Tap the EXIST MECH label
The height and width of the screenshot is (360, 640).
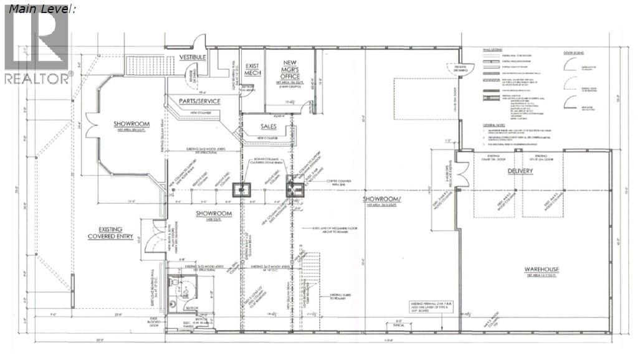[x=251, y=69]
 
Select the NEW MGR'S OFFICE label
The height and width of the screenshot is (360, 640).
[x=290, y=68]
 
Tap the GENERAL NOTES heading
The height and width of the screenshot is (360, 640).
[x=495, y=125]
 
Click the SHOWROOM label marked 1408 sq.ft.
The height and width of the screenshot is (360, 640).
[x=214, y=214]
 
